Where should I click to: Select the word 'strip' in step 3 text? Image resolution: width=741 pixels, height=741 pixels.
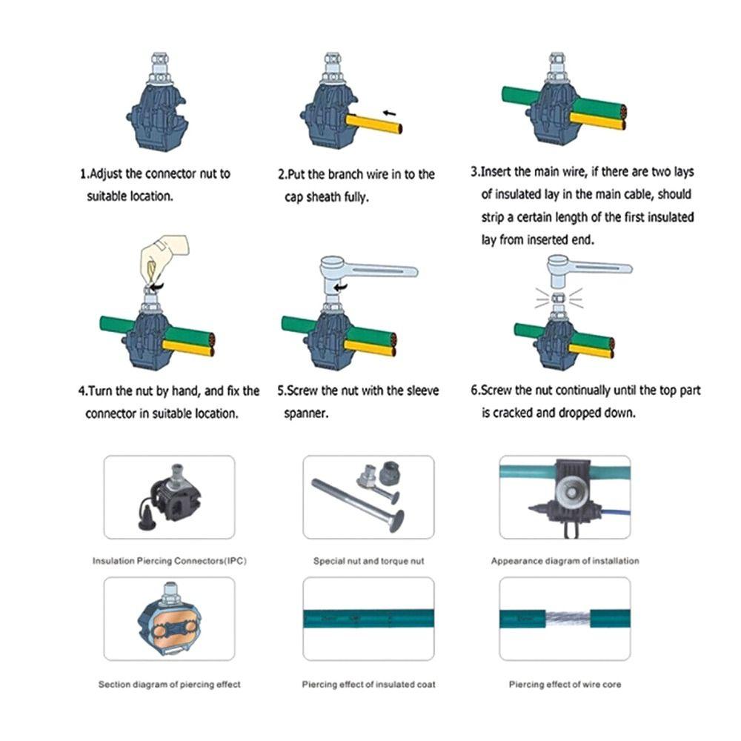tap(498, 218)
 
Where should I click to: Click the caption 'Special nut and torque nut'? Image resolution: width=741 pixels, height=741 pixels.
tap(368, 561)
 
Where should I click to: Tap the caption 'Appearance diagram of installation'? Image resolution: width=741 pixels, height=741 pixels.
tap(565, 561)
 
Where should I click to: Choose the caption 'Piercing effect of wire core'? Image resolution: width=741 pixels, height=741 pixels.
tap(565, 684)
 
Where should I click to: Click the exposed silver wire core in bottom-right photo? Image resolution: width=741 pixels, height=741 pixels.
tap(565, 618)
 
